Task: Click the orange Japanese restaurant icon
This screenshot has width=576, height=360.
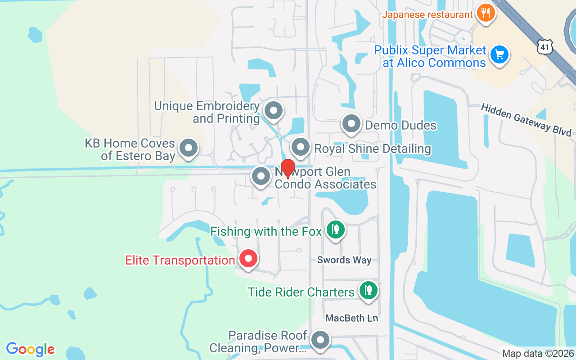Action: tap(485, 13)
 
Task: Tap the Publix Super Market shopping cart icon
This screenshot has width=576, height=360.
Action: tap(499, 55)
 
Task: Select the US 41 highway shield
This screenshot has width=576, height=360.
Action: tap(544, 47)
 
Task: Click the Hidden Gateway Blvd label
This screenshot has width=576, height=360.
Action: tap(526, 120)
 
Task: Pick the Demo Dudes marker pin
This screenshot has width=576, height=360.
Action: tap(351, 123)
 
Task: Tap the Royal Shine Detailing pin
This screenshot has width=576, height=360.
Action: tap(301, 147)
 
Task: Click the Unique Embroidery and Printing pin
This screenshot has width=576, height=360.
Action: tap(273, 110)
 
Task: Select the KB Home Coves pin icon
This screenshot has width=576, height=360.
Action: tap(189, 148)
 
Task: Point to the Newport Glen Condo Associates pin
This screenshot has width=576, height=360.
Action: tap(261, 177)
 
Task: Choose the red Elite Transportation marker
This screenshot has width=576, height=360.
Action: tap(247, 259)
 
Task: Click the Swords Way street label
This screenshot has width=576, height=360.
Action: tap(344, 260)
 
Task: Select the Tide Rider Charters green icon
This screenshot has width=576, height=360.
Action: tap(369, 290)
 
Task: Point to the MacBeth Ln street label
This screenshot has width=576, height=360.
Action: tap(351, 318)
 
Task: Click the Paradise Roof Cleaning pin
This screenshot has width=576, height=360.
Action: tap(320, 340)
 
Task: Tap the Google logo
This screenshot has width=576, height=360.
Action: tap(30, 349)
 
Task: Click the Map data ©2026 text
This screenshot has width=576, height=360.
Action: tap(538, 354)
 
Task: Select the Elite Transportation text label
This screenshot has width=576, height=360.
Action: tap(180, 261)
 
